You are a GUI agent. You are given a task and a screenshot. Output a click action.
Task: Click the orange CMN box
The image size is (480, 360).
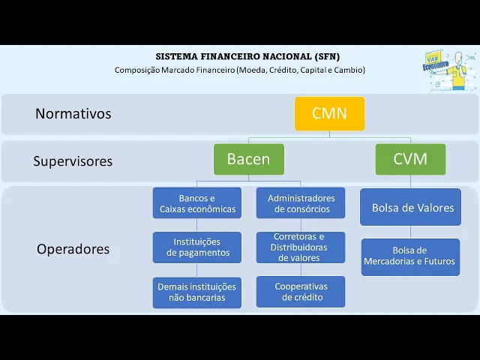[329, 114]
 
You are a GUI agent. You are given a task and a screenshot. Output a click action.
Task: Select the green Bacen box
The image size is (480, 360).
[249, 159]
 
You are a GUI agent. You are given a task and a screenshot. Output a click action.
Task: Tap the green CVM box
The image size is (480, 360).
[410, 159]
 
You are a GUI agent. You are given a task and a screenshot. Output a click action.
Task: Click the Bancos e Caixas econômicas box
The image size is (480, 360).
[197, 203]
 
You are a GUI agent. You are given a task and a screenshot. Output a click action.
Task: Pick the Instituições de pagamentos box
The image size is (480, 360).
[197, 247]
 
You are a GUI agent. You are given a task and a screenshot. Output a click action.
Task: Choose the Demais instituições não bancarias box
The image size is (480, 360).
[197, 292]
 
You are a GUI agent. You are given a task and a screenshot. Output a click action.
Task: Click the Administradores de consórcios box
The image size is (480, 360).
[301, 203]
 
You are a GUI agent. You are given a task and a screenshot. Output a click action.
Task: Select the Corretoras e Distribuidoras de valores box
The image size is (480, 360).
[301, 247]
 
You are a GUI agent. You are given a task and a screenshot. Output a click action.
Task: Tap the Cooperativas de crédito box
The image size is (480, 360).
[301, 292]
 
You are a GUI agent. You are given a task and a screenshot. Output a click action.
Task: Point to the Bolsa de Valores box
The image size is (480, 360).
[412, 208]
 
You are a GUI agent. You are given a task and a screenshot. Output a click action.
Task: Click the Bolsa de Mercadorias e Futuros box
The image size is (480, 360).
[410, 256]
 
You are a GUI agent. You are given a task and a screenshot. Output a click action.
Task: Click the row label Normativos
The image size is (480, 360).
[73, 114]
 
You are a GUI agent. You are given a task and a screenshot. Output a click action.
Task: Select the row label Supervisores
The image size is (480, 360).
[73, 161]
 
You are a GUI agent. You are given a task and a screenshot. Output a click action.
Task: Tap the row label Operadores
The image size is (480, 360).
[73, 249]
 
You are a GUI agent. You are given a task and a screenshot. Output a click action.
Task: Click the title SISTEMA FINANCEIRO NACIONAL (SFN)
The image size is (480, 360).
[247, 56]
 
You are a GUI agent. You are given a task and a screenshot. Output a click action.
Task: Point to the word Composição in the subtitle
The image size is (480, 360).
[137, 70]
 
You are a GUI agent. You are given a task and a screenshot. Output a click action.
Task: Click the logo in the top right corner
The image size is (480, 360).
[448, 70]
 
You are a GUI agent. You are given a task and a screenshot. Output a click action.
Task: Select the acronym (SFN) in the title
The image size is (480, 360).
[326, 56]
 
